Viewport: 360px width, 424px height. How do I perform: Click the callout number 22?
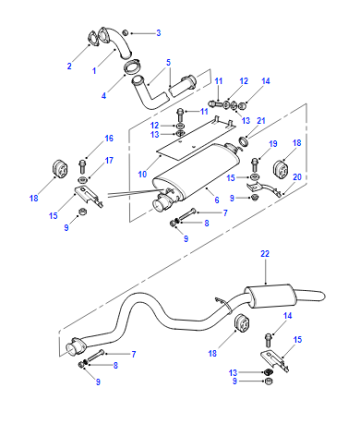[265, 254]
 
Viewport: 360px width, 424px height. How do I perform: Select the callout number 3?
[159, 33]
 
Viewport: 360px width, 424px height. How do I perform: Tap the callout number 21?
[261, 121]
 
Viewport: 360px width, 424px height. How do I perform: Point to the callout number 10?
[142, 174]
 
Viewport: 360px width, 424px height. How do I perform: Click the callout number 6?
[217, 200]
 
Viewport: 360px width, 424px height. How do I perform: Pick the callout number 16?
[109, 138]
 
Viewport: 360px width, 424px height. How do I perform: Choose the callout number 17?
[109, 160]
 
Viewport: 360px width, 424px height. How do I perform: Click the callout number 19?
[273, 144]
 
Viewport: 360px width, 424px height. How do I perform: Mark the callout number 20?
[297, 177]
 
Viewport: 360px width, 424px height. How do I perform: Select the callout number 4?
[104, 96]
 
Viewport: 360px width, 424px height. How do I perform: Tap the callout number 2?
[69, 66]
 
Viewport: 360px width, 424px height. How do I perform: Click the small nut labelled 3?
[125, 33]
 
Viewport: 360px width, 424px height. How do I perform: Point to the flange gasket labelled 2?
[93, 38]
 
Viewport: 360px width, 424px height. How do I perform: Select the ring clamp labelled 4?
[133, 66]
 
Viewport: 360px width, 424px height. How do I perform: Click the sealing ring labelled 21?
[244, 141]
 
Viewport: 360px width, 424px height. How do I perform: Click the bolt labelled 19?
[255, 165]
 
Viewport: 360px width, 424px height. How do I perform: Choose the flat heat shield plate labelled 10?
[196, 138]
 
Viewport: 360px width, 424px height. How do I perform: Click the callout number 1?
[94, 71]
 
